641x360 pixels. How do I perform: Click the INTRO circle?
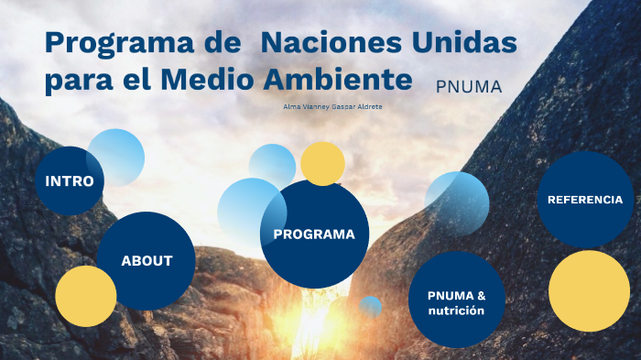[x=69, y=180]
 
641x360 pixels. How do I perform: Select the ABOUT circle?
[x=147, y=260]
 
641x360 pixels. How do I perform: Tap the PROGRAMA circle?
[x=314, y=234]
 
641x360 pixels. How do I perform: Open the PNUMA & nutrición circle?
[x=456, y=302]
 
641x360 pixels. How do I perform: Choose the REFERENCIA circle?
[x=584, y=199]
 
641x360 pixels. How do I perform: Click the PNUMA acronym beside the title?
[x=469, y=87]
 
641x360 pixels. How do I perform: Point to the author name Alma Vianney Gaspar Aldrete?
[x=332, y=107]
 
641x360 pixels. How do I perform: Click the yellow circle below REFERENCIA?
[x=589, y=291]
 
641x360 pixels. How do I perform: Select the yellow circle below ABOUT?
[x=85, y=297]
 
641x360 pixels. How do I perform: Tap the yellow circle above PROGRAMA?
[x=322, y=163]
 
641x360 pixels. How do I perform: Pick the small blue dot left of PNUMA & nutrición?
[x=370, y=306]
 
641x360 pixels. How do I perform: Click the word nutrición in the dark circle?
[x=456, y=311]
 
